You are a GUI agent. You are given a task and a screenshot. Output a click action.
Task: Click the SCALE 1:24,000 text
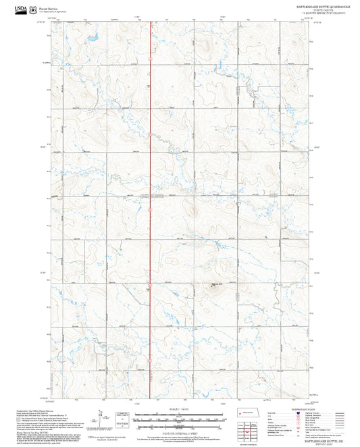point(178,407)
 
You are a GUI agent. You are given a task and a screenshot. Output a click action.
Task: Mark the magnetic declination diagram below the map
point(101,417)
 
